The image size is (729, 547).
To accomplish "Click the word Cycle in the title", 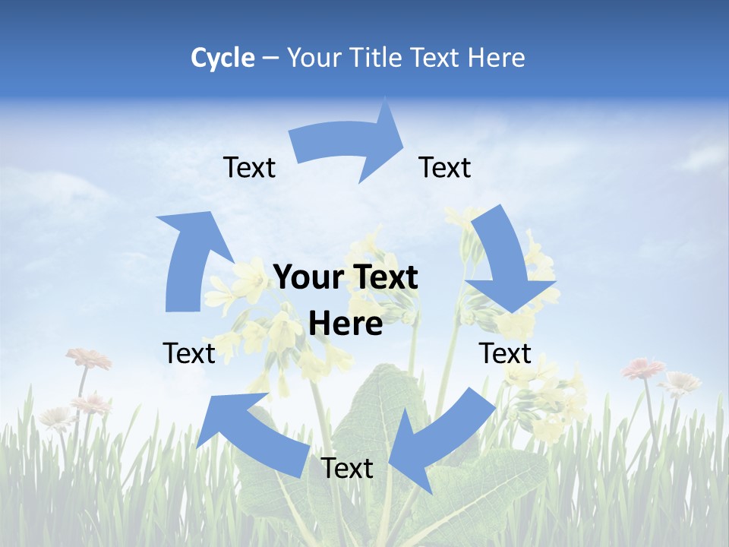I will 222,58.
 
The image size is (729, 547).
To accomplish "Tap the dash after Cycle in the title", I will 270,58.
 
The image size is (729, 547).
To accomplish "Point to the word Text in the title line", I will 437,58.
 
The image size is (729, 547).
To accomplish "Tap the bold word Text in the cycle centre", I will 384,277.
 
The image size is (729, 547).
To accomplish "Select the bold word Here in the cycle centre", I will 346,324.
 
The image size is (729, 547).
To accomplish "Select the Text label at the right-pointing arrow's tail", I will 249,167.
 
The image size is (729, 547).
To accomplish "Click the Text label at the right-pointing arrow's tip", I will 445,167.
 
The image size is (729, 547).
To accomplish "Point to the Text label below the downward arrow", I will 505,353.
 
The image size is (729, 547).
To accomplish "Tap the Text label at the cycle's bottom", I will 347,468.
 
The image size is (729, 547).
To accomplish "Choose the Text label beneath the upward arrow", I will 189,353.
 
